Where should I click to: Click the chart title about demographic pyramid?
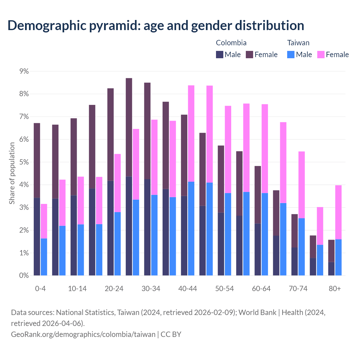tap(156, 25)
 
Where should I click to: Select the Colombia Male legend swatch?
tap(220, 55)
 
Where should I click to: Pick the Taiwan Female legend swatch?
tap(321, 55)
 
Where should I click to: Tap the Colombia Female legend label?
tap(266, 55)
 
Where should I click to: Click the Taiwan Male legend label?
tap(304, 55)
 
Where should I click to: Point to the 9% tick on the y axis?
tap(24, 71)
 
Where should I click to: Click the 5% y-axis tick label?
tap(24, 162)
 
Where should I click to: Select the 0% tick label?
tap(24, 276)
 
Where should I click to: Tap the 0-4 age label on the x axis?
tap(40, 289)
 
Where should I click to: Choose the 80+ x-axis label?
tap(335, 289)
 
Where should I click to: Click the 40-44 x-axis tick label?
tap(188, 289)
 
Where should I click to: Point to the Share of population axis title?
tap(12, 173)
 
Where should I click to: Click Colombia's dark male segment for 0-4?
tap(37, 236)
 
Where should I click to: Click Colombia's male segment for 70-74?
tap(294, 261)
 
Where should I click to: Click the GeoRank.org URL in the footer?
tap(83, 334)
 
